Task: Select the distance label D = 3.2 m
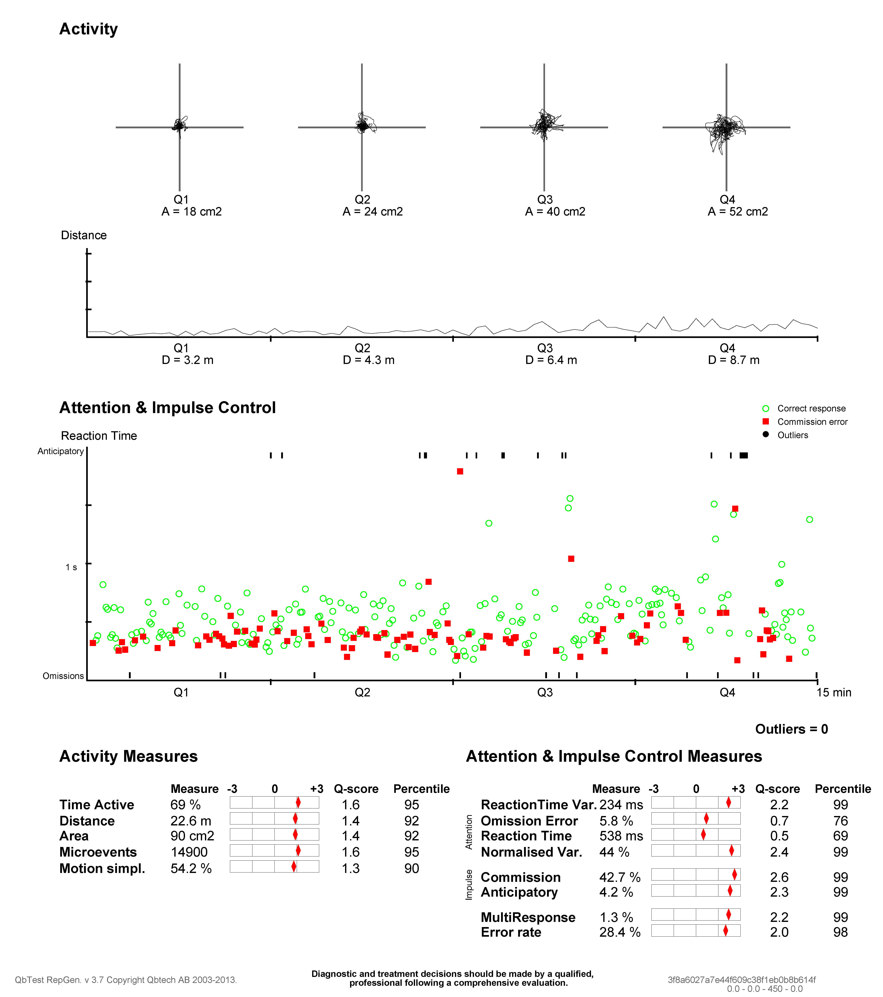coord(187,360)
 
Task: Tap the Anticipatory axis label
coord(61,451)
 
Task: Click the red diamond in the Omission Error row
coord(706,818)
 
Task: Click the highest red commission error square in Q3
coord(460,471)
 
